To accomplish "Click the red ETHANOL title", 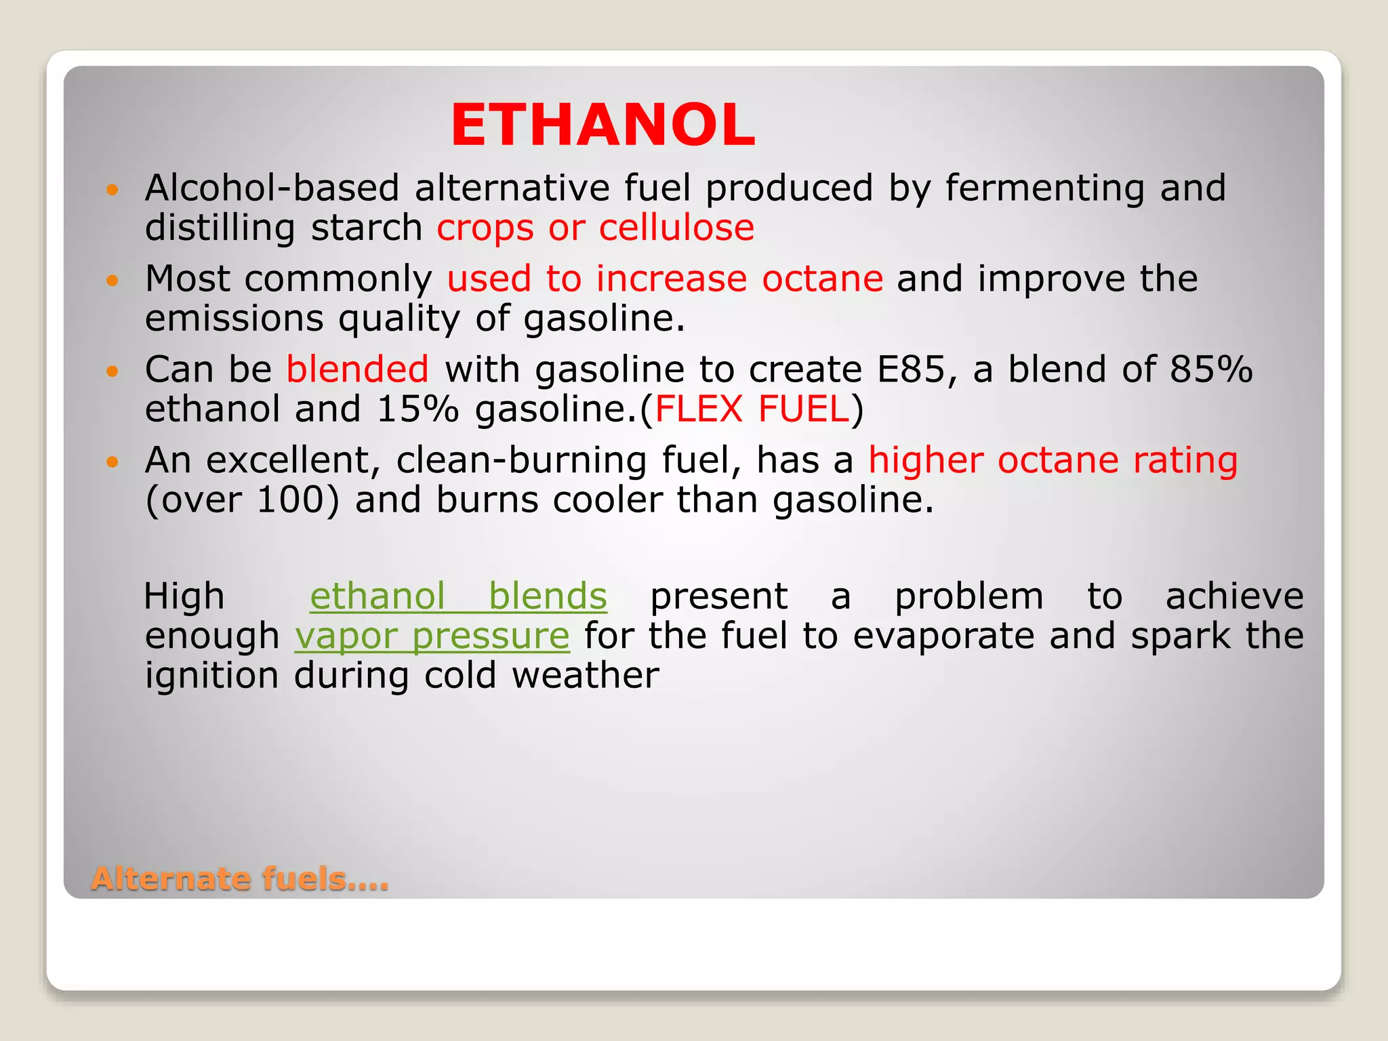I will pos(603,125).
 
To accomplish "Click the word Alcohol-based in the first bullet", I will pos(272,188).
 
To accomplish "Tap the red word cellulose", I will pos(676,228).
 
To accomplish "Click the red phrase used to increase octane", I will pos(665,279).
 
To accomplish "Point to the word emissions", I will pos(234,319).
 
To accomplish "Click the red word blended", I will pos(357,369).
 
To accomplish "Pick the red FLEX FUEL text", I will pos(752,409).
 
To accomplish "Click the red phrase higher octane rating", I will pos(1053,460).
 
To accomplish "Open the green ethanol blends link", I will pos(458,596).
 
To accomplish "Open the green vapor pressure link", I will pos(432,636).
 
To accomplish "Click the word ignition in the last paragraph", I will pos(211,676).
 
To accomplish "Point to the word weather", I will pos(585,676).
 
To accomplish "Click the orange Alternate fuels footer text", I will pos(240,879).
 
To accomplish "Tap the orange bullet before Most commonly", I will pos(113,280).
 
